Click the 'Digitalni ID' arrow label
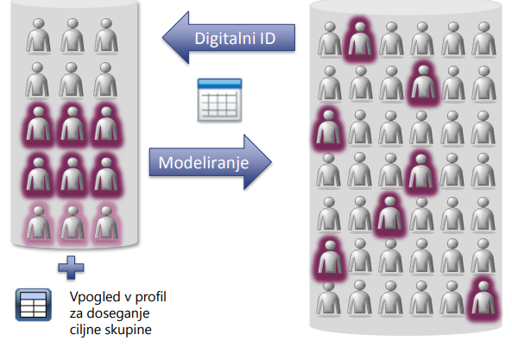235,39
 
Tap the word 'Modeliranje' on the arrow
204,162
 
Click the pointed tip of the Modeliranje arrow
271,162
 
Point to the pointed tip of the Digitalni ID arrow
163,37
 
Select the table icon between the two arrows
219,100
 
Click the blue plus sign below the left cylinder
71,268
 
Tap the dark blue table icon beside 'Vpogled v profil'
34,305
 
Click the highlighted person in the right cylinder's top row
360,39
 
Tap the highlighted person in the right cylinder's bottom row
484,299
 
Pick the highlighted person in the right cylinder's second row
423,82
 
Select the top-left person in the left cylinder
39,35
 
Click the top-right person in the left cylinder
106,35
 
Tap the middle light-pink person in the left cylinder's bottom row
73,224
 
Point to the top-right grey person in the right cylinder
484,39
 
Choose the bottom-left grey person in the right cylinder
328,299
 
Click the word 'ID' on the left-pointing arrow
268,39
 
